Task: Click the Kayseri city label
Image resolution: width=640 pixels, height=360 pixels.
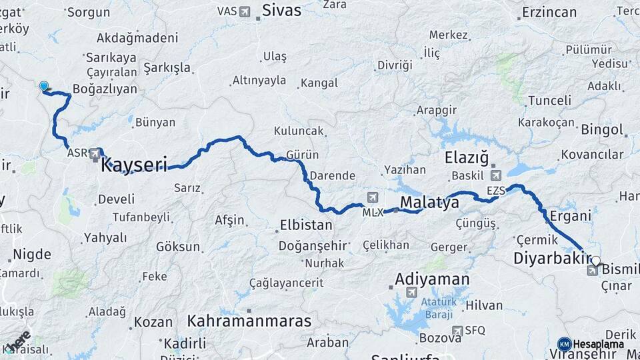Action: (x=133, y=165)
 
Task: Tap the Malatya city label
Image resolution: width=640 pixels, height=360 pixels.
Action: (x=429, y=203)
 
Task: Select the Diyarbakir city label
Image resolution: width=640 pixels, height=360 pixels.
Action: (x=553, y=259)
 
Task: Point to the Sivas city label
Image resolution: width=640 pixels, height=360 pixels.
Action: (x=281, y=10)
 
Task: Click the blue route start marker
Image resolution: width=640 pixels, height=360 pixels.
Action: (x=44, y=86)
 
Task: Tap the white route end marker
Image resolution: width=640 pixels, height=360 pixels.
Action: (x=596, y=261)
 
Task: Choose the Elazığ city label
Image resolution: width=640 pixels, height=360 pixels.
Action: (x=467, y=157)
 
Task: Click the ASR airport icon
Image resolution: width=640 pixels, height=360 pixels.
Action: (x=96, y=154)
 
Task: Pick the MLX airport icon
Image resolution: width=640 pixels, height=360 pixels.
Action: (x=372, y=197)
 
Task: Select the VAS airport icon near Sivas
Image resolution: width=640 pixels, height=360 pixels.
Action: (x=245, y=11)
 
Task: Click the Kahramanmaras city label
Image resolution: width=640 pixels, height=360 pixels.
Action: (x=249, y=321)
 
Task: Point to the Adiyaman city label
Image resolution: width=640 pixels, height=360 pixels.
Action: (x=432, y=279)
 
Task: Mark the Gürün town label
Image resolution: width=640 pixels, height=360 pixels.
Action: (x=302, y=155)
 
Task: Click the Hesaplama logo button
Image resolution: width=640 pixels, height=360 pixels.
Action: (x=591, y=344)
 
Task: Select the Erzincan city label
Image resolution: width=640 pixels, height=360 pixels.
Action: (x=549, y=12)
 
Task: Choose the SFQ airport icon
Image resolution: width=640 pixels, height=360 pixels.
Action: (x=457, y=331)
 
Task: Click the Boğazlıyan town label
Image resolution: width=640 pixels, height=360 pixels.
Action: (x=105, y=89)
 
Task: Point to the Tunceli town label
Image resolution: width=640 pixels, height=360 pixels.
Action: (x=549, y=101)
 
